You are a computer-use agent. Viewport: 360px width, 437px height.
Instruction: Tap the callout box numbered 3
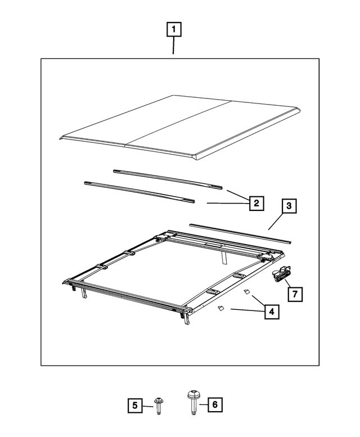click(289, 206)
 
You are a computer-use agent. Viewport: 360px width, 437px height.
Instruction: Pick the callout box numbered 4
click(271, 310)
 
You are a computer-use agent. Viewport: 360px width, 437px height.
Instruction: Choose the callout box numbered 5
click(134, 404)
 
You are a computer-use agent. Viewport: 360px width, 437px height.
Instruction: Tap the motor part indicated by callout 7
click(279, 275)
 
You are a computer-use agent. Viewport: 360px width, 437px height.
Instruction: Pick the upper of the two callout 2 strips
click(168, 178)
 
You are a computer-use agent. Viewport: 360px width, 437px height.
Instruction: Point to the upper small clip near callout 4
click(246, 292)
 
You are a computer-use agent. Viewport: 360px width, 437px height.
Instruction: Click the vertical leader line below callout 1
click(173, 46)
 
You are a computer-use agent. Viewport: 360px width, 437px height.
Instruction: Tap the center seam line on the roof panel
click(179, 124)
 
